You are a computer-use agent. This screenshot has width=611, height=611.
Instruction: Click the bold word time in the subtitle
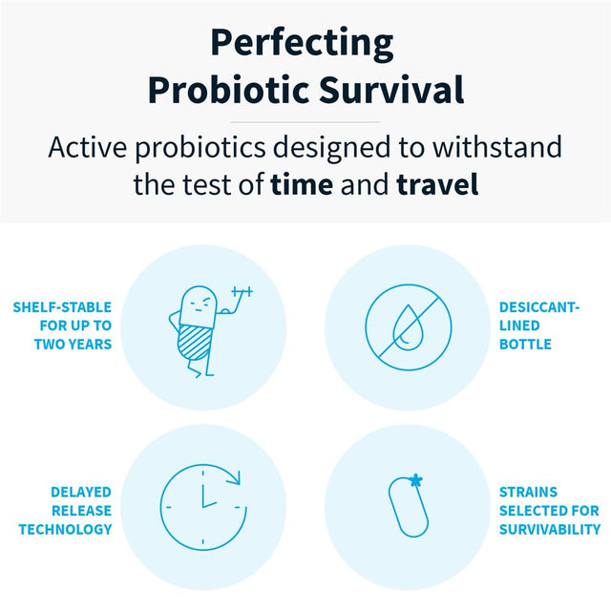302,183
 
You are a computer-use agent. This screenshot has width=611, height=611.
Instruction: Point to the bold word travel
437,183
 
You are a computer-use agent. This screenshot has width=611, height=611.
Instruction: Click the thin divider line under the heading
305,122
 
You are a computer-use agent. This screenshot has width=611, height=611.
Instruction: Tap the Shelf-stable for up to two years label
63,325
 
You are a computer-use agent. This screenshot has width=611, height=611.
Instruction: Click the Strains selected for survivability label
549,510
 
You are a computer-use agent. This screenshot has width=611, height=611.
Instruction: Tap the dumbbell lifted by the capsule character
240,292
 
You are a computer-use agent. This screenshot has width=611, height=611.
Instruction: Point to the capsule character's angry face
197,304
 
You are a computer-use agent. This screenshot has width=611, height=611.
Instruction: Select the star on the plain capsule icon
416,479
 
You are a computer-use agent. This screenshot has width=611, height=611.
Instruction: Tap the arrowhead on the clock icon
236,476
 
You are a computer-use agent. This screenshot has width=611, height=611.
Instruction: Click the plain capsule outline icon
407,505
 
